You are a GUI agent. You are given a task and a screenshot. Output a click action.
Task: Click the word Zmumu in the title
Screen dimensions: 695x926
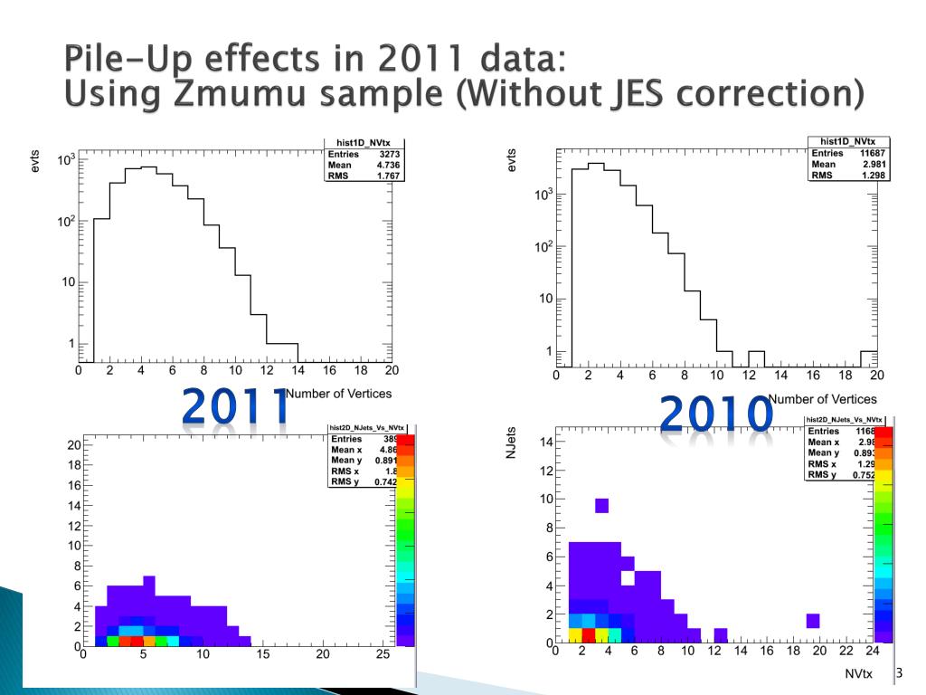261,94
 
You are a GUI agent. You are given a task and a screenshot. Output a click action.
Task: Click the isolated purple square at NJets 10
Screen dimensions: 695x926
602,505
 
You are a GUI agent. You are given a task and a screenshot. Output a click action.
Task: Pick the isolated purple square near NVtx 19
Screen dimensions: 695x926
813,620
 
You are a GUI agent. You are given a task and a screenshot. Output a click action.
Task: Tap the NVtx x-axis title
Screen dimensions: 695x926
858,674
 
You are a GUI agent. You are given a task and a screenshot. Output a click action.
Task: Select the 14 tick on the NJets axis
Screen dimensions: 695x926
547,442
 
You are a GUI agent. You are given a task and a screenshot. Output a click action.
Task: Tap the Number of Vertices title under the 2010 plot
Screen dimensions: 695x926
822,398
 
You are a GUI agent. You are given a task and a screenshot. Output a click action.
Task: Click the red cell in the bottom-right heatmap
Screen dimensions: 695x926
589,634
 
